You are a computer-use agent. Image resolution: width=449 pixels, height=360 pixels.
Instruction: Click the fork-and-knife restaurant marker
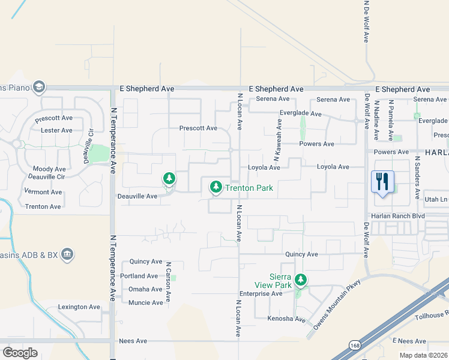(x=382, y=181)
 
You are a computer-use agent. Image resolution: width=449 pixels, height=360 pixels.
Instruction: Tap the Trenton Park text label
(x=249, y=188)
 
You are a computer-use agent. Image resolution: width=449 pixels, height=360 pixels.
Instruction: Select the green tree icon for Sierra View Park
(x=301, y=280)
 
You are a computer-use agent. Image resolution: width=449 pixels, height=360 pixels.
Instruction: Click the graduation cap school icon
(x=40, y=88)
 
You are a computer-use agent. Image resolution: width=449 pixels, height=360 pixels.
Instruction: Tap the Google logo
(x=20, y=352)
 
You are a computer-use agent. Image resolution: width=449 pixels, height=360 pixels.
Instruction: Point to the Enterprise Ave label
(x=261, y=294)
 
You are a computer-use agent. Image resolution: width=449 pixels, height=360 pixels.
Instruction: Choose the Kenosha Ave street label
(x=286, y=319)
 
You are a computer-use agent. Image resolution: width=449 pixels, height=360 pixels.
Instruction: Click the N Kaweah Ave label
(x=279, y=139)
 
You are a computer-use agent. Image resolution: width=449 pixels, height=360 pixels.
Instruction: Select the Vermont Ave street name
(x=43, y=192)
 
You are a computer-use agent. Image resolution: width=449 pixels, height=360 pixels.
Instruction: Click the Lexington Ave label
(x=79, y=307)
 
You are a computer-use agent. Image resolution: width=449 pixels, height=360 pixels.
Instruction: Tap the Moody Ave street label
(x=49, y=170)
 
